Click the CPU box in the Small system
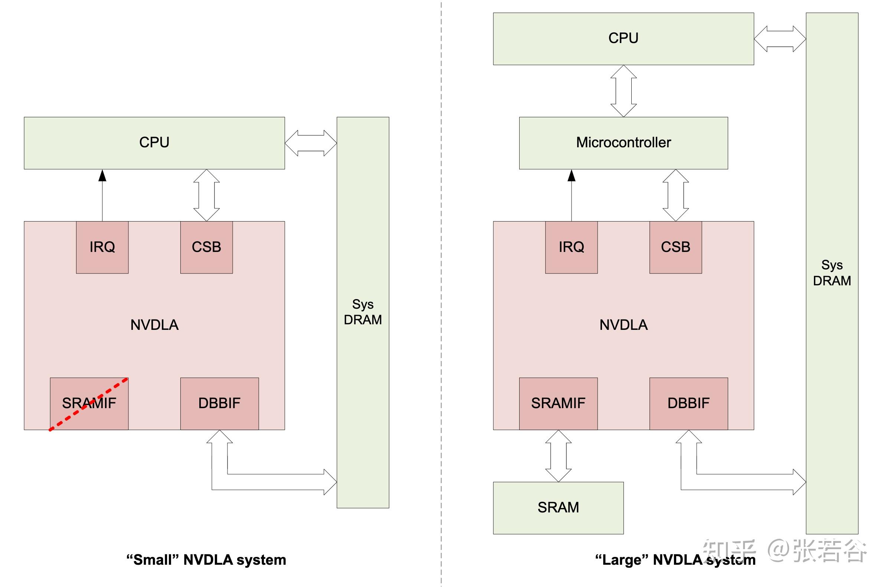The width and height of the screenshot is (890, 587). click(x=154, y=142)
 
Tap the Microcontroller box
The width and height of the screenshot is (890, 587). click(x=623, y=142)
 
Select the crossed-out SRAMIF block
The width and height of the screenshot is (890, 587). click(x=89, y=403)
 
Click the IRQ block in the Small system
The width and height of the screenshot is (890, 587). click(x=102, y=247)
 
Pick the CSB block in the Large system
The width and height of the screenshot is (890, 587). click(x=675, y=247)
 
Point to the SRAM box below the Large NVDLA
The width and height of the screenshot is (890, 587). click(x=558, y=508)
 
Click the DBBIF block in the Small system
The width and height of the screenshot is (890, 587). click(x=219, y=403)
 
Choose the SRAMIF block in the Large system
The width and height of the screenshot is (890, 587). click(x=558, y=403)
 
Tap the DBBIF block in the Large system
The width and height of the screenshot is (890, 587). click(x=688, y=403)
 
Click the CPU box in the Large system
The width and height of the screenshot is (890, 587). click(x=623, y=39)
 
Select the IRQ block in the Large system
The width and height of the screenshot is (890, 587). click(x=571, y=247)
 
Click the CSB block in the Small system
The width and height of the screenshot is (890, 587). click(x=206, y=247)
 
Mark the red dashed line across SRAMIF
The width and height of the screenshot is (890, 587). click(x=112, y=389)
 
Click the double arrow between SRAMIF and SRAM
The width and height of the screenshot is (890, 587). click(x=558, y=456)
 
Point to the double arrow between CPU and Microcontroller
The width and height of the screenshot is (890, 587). click(x=623, y=91)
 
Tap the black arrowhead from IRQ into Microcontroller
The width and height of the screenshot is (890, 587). click(x=571, y=176)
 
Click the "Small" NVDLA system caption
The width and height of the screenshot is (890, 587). click(x=206, y=560)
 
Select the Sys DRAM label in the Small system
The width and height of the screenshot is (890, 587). click(x=363, y=312)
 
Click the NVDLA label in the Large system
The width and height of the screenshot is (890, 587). click(x=623, y=325)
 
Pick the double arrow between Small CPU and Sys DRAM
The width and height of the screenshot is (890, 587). click(x=311, y=143)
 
